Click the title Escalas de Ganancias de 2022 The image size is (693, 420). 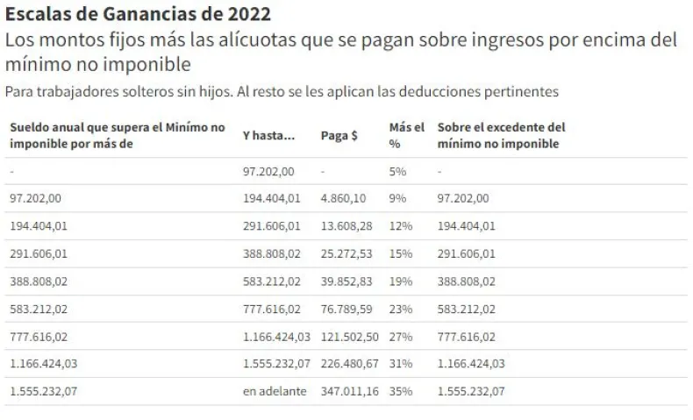click(139, 15)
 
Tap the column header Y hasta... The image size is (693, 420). click(268, 136)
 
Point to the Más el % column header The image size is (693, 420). click(400, 135)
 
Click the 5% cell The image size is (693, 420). click(397, 173)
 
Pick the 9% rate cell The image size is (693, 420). click(397, 198)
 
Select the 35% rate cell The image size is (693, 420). click(401, 391)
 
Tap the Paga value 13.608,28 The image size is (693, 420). click(346, 226)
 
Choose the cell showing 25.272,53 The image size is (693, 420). click(346, 253)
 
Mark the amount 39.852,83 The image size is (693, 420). click(346, 281)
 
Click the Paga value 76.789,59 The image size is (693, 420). click(346, 309)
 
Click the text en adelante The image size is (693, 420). click(275, 391)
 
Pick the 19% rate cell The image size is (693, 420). click(401, 281)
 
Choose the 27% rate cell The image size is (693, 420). click(401, 337)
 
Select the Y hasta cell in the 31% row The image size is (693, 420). click(277, 364)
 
